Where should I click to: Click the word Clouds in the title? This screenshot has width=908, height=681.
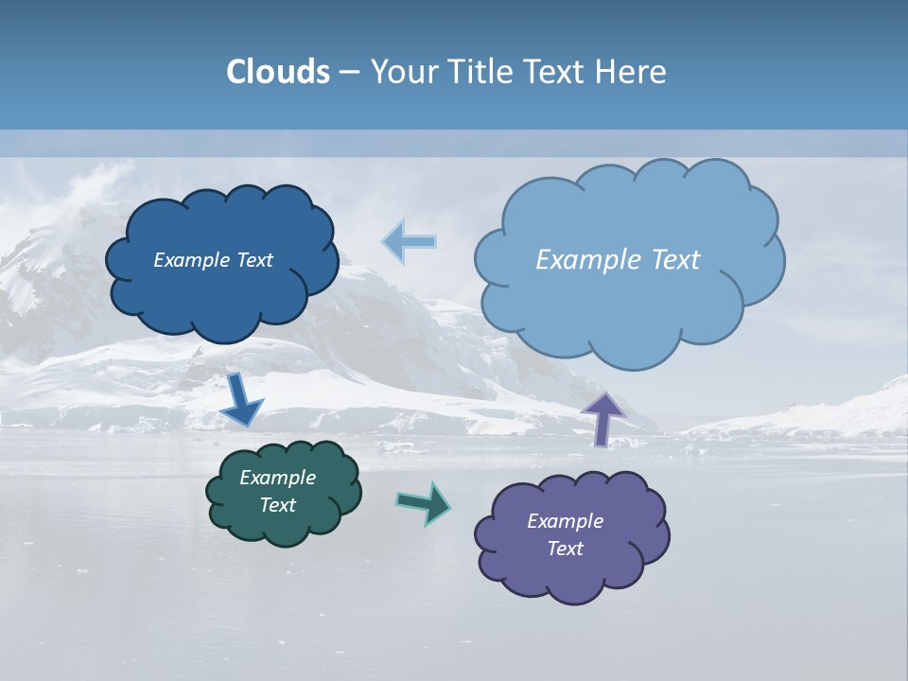(x=278, y=72)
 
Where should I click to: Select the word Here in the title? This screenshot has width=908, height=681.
(x=632, y=72)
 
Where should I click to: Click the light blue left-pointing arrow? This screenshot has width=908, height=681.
(x=410, y=242)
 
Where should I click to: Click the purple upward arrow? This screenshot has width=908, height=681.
(x=602, y=417)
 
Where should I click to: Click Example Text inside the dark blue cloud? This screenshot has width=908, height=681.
(x=213, y=260)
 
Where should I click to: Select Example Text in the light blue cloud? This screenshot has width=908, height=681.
(x=618, y=260)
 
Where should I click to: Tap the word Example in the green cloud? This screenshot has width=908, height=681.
(x=277, y=478)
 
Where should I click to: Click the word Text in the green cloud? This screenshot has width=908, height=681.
(x=277, y=505)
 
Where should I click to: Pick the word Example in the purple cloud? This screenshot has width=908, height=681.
(x=565, y=521)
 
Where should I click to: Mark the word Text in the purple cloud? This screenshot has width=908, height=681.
(x=565, y=549)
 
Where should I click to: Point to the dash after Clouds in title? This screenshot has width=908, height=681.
(x=349, y=73)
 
